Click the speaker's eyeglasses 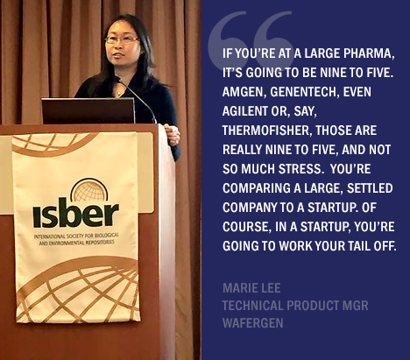tap(122, 39)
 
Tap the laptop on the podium tap(88, 110)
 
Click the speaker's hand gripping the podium tap(173, 135)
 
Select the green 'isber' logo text tap(75, 212)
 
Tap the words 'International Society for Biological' tap(76, 236)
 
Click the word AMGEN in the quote tap(244, 92)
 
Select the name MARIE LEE tap(251, 288)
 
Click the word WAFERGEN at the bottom tap(253, 323)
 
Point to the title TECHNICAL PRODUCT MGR tap(295, 306)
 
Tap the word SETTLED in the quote tap(370, 188)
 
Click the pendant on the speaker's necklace tap(119, 94)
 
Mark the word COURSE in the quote tap(245, 227)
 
